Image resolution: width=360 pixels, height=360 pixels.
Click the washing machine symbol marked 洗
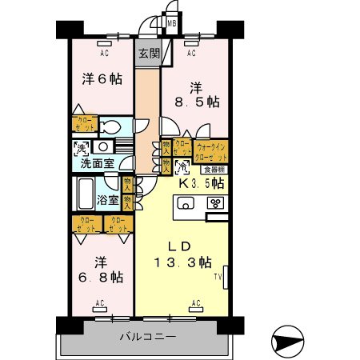80,147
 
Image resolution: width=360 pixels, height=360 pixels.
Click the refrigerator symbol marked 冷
182,168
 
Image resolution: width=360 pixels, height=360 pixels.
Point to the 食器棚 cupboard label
212,169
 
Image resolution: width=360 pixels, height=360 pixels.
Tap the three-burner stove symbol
214,202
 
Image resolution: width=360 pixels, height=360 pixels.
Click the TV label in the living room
217,277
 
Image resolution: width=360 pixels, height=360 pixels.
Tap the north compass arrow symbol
288,342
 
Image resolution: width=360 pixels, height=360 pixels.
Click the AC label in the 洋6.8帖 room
101,303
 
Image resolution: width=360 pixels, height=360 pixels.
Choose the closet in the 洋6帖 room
86,123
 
